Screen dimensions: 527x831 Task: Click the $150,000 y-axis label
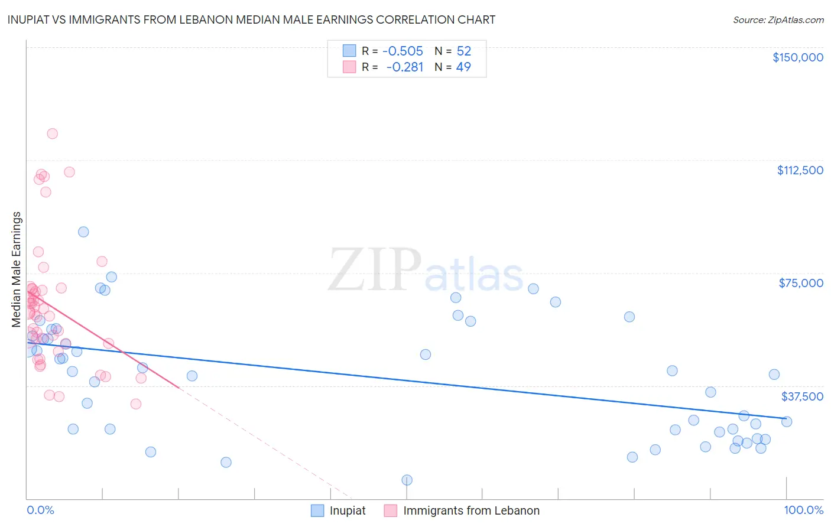coord(797,57)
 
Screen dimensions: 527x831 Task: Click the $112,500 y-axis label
coord(800,170)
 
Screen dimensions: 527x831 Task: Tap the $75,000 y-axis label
coord(801,283)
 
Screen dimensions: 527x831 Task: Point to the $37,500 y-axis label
coord(802,396)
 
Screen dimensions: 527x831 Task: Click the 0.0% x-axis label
coord(40,510)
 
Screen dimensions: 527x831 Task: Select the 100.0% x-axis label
coord(803,510)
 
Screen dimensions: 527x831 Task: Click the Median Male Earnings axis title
coord(17,269)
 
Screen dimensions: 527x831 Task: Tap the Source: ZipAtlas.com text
coord(778,20)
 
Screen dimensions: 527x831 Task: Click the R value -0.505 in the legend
coord(402,51)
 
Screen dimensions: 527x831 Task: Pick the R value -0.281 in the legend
coord(404,67)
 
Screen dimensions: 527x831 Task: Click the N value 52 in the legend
coord(463,51)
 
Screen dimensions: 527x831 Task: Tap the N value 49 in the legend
coord(463,67)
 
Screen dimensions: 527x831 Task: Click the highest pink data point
coord(52,134)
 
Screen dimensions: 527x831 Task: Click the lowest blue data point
coord(407,480)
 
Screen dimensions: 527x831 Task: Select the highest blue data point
coord(83,232)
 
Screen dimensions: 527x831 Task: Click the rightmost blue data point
coord(786,421)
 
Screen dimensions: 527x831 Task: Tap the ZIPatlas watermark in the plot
coord(426,271)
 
